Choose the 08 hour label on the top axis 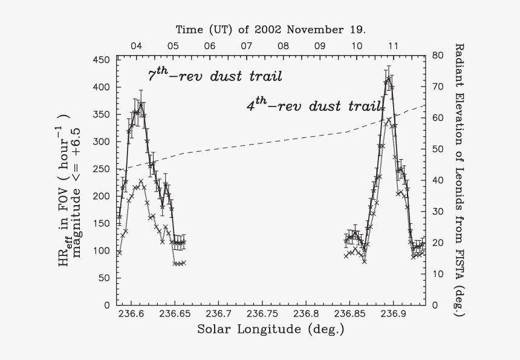point(283,45)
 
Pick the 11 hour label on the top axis point(393,45)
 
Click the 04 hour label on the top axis point(136,45)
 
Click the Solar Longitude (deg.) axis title point(270,330)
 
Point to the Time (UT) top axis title point(271,29)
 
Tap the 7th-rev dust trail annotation point(215,76)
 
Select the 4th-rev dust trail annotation point(313,105)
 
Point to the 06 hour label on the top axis point(209,45)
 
